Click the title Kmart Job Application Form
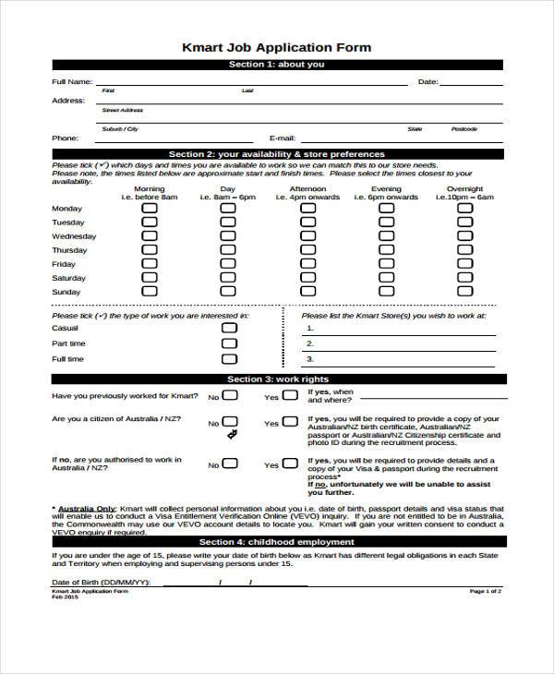pyautogui.click(x=276, y=47)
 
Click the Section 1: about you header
pyautogui.click(x=276, y=65)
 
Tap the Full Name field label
pyautogui.click(x=71, y=82)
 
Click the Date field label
pyautogui.click(x=428, y=82)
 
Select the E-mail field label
pyautogui.click(x=282, y=138)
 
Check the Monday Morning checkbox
pyautogui.click(x=150, y=209)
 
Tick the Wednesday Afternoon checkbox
pyautogui.click(x=307, y=236)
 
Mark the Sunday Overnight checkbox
pyautogui.click(x=465, y=292)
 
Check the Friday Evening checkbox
pyautogui.click(x=386, y=264)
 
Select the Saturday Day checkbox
pyautogui.click(x=228, y=278)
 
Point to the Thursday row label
pyautogui.click(x=69, y=250)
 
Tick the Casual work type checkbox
pyautogui.click(x=228, y=328)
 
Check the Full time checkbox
pyautogui.click(x=228, y=358)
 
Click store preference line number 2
pyautogui.click(x=310, y=343)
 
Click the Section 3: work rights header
pyautogui.click(x=276, y=379)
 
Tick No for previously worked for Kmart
pyautogui.click(x=229, y=395)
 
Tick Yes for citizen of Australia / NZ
pyautogui.click(x=289, y=422)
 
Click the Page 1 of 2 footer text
pyautogui.click(x=486, y=591)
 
